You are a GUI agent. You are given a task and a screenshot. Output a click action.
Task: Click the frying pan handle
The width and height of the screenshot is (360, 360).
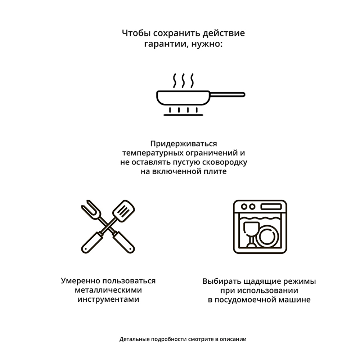coord(228,95)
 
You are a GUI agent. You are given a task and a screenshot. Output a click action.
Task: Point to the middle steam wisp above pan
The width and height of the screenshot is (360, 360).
coord(183,81)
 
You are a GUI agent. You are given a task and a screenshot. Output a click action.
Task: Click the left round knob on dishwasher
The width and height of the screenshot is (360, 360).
coord(244,207)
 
